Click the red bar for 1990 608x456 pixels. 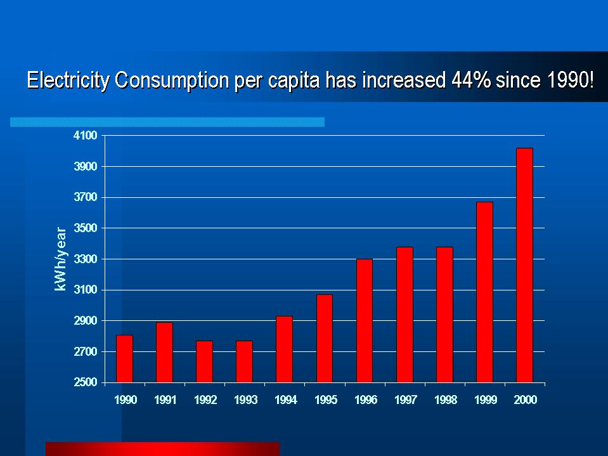point(124,358)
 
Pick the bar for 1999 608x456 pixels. point(484,292)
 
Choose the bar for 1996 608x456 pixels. point(365,320)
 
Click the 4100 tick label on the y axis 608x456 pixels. point(84,136)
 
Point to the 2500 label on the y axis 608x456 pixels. point(84,382)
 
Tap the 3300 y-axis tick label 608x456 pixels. point(84,259)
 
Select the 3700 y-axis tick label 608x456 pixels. point(84,197)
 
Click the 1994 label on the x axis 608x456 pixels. point(285,400)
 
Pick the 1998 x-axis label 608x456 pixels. point(445,400)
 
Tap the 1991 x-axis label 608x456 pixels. point(165,400)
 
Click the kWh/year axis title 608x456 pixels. point(60,259)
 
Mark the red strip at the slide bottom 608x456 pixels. point(162,448)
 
